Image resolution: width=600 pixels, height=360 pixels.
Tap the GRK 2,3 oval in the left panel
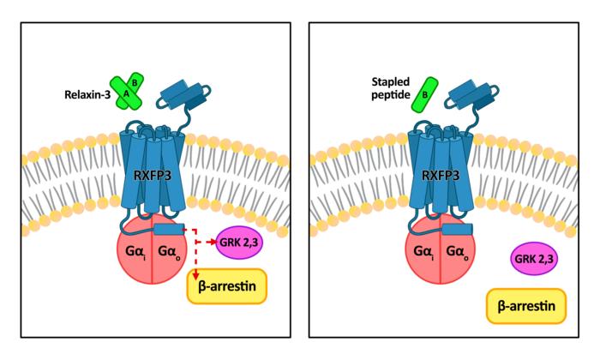(242, 243)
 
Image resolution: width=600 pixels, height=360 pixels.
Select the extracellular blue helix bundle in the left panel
(181, 95)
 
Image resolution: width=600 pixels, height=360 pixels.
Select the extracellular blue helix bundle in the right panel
(471, 95)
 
